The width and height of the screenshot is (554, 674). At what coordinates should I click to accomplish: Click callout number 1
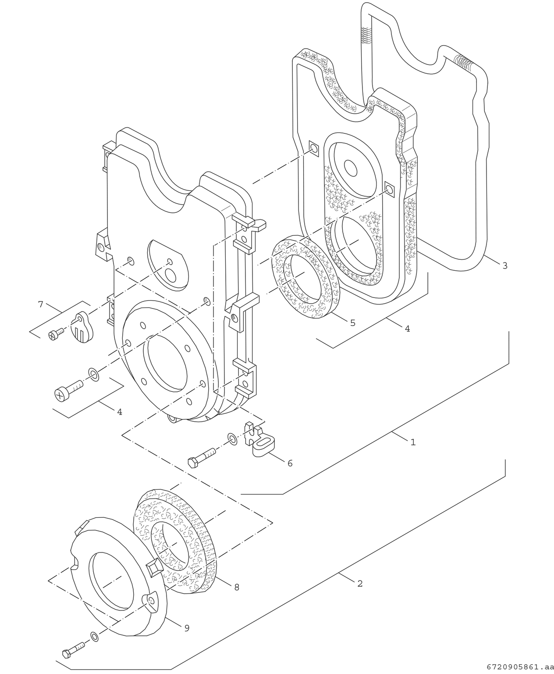(412, 442)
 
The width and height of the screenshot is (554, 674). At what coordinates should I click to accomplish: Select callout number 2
(360, 584)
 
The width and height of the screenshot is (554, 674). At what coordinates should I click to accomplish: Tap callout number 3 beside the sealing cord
(504, 265)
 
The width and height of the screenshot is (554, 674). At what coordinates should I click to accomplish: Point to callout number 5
(352, 323)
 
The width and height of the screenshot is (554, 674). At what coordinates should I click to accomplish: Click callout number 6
(290, 462)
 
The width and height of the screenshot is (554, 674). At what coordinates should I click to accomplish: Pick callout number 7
(41, 304)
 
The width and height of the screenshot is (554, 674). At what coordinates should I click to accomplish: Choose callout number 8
(237, 587)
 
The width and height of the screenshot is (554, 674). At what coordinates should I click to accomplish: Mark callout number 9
(187, 628)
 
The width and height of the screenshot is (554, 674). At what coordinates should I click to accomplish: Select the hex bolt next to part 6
(202, 457)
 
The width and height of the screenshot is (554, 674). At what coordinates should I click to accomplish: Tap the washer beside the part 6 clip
(232, 439)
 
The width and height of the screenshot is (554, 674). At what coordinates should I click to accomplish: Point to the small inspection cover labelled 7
(83, 326)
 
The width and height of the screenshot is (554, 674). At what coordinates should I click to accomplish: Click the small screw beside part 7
(55, 334)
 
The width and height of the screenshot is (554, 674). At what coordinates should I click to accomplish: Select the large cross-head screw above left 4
(68, 389)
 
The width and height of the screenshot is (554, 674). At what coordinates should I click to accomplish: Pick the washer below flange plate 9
(94, 636)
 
